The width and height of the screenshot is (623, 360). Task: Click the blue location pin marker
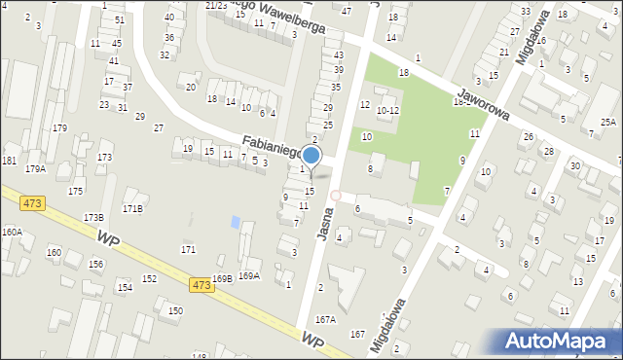coord(311,156)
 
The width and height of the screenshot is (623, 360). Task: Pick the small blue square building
coord(235,223)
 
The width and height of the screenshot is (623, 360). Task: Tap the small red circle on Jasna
coord(336,196)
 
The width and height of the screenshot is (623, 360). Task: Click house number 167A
coord(325,319)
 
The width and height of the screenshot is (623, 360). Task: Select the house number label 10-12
coord(387,111)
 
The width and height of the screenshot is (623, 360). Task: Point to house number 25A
coord(608,123)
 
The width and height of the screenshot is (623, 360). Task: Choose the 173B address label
coord(93,217)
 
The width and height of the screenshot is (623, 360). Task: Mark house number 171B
coord(132,208)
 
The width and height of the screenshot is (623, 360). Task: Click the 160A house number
coord(12,232)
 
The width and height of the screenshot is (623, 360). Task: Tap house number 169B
coord(222,279)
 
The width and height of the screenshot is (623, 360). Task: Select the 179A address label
coord(35,169)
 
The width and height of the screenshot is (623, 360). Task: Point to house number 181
coord(10,161)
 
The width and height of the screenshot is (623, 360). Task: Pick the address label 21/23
coord(216,5)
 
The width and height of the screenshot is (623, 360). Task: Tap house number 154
coord(125,287)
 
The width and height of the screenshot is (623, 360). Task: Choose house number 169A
coord(249,276)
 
